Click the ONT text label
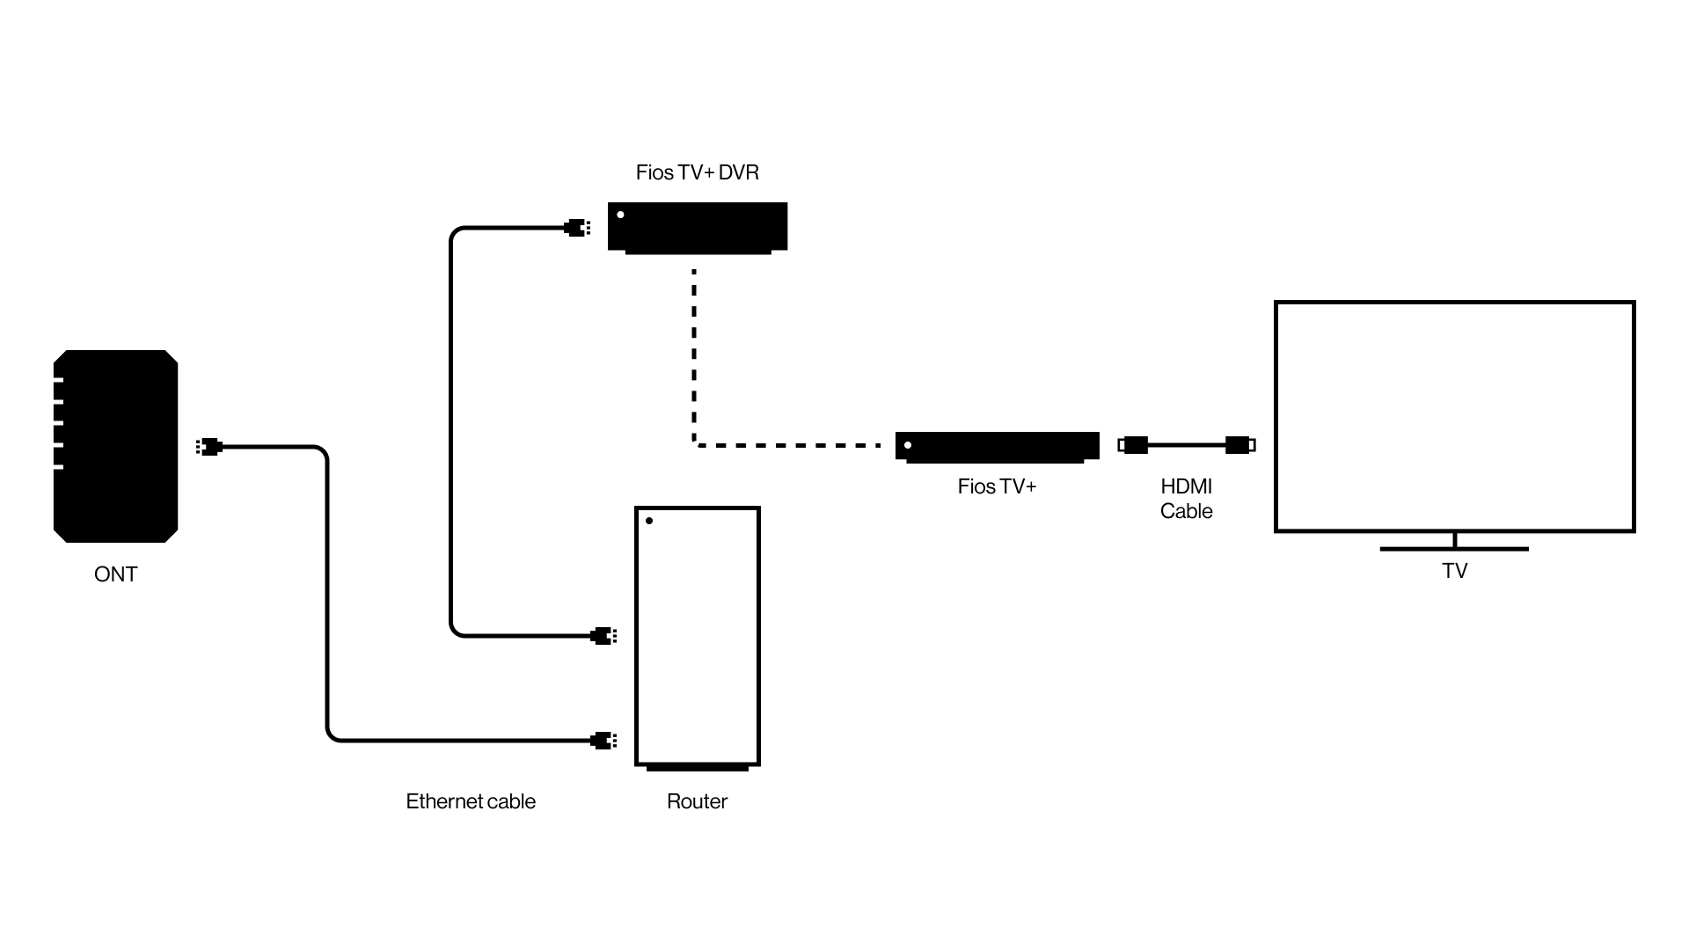[x=115, y=574]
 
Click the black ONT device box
[x=116, y=446]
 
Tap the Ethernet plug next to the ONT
[x=209, y=447]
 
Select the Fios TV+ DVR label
[x=697, y=172]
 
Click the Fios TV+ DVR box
[x=698, y=227]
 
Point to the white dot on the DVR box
[x=620, y=215]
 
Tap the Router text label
[x=697, y=801]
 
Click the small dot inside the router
[x=649, y=521]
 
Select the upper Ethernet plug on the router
[x=603, y=635]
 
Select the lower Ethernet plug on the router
[x=603, y=740]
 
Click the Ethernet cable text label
[x=471, y=801]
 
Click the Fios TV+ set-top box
[x=997, y=445]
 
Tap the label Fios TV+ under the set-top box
[x=997, y=486]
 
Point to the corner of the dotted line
[x=695, y=445]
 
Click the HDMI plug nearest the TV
[x=1239, y=445]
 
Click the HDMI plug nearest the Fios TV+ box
[x=1133, y=445]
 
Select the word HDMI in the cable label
[x=1186, y=486]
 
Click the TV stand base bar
[x=1454, y=549]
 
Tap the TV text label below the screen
[x=1454, y=571]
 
